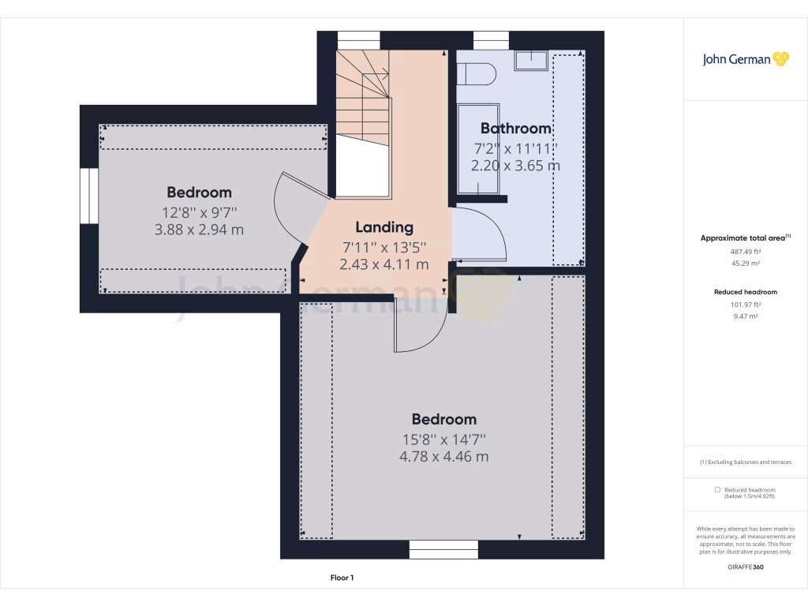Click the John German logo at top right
point(745,59)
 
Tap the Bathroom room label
point(515,129)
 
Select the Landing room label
point(384,227)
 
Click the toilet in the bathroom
point(476,74)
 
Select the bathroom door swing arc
point(483,234)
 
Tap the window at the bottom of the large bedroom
point(443,549)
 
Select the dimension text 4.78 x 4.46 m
point(443,457)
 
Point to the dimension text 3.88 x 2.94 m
point(199,230)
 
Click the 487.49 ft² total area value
point(745,252)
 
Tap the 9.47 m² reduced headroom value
point(745,316)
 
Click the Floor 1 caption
point(342,578)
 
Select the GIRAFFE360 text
point(745,567)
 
